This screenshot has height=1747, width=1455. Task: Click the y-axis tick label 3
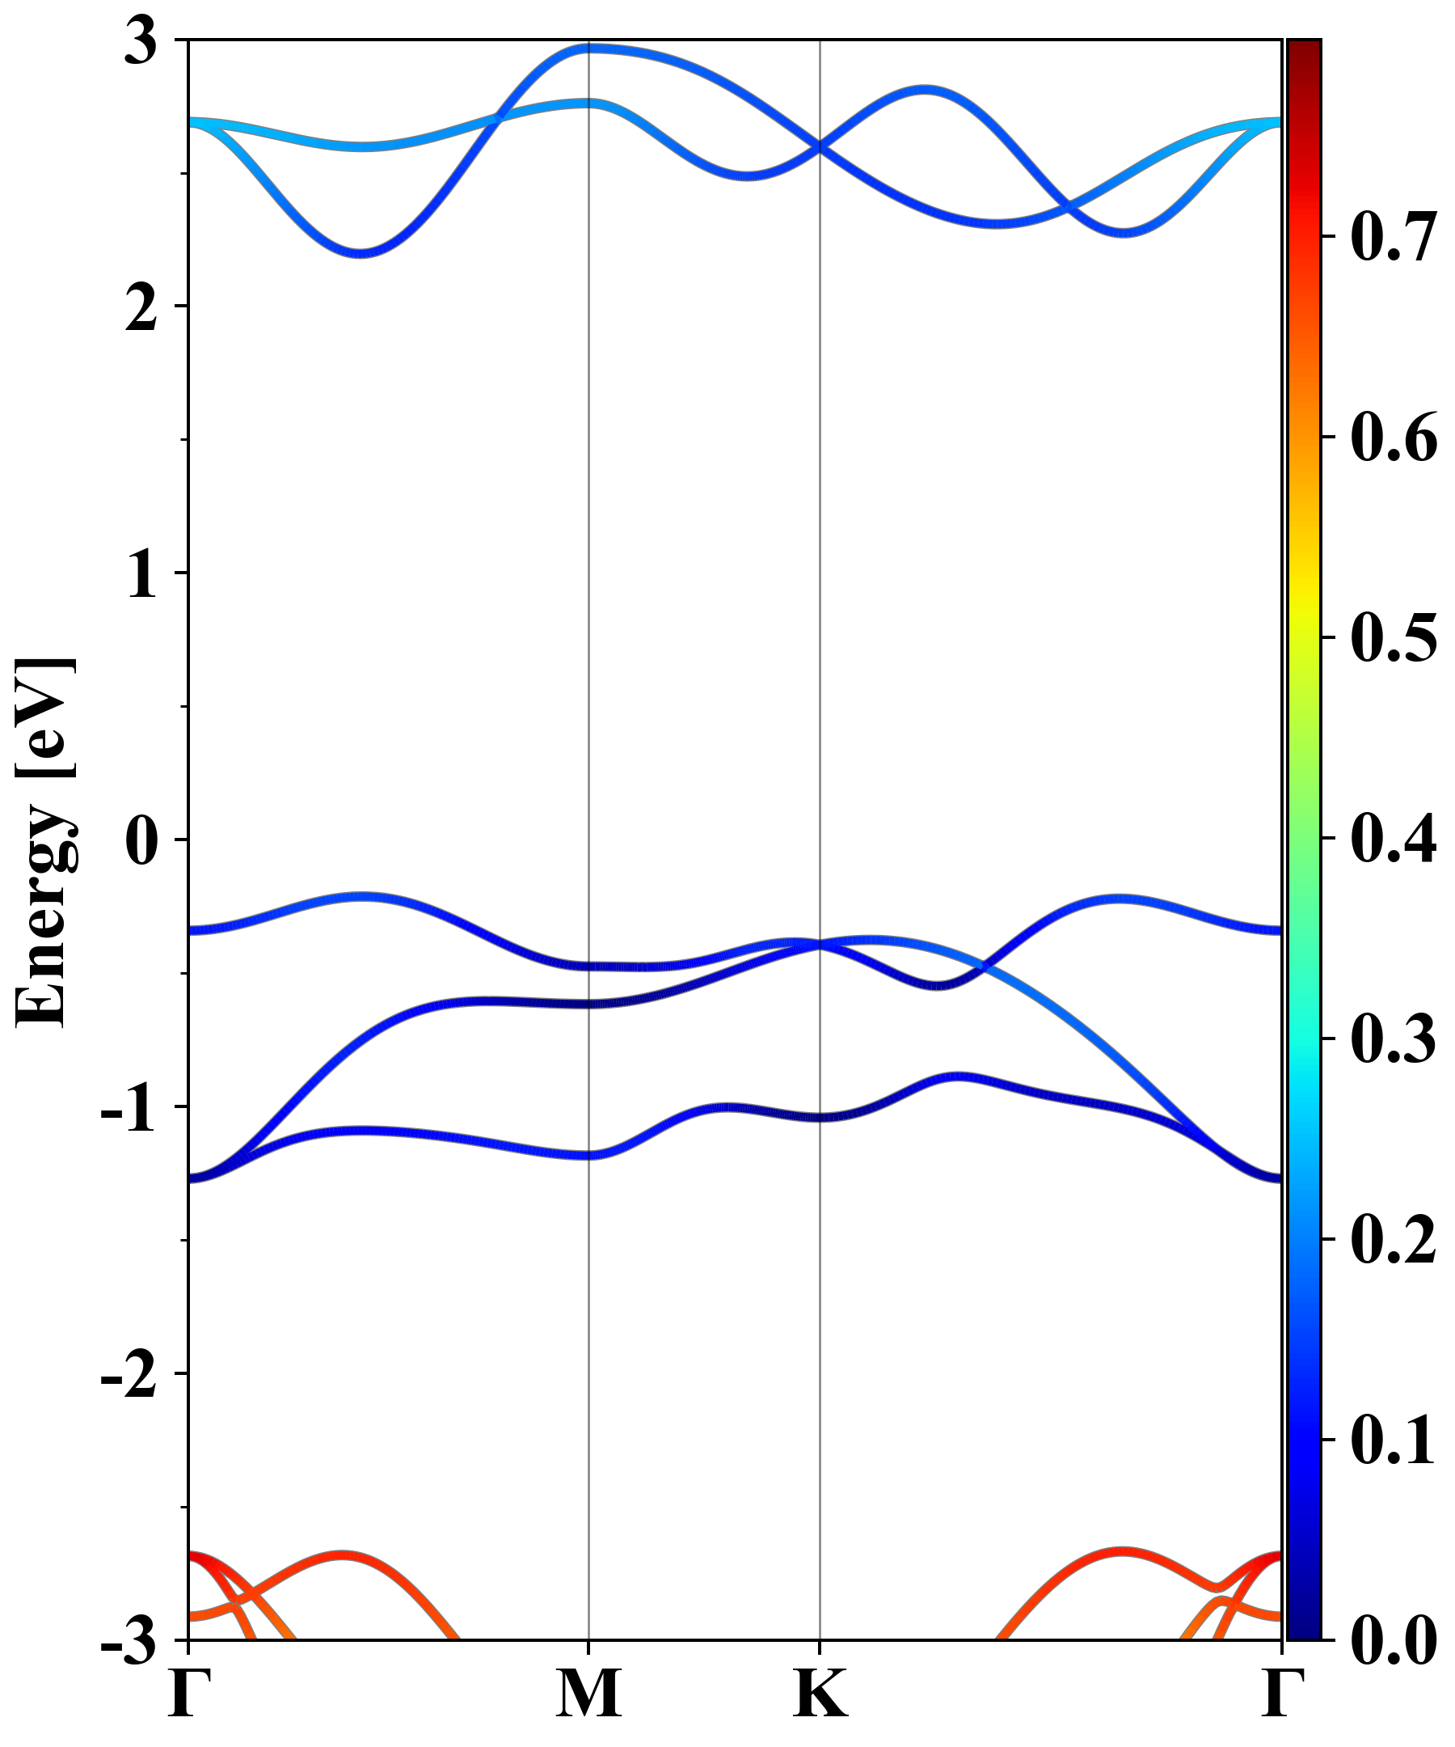[x=141, y=41]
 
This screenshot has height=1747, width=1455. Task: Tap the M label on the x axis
[x=588, y=1693]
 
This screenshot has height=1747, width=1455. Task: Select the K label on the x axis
[x=820, y=1693]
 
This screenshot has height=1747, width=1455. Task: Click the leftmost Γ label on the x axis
[x=188, y=1693]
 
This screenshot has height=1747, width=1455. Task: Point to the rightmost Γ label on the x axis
[x=1281, y=1693]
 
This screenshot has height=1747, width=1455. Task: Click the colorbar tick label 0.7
[x=1394, y=237]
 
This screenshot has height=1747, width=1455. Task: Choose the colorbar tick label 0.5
[x=1394, y=638]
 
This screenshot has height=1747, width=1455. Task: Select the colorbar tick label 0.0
[x=1394, y=1640]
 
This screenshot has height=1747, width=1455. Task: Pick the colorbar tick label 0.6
[x=1394, y=438]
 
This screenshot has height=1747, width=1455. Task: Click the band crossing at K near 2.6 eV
[x=820, y=147]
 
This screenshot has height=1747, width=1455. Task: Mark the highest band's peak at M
[x=588, y=49]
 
